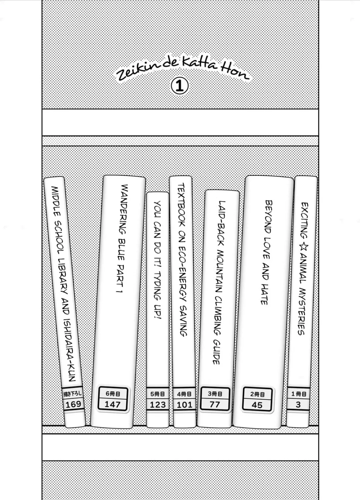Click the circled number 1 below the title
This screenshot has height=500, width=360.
tap(180, 86)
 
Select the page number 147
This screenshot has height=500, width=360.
tap(112, 404)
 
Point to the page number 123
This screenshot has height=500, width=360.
tap(158, 405)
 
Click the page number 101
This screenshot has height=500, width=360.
tap(184, 405)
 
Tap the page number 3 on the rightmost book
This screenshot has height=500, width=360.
tap(298, 404)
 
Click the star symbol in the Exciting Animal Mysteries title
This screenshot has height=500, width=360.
tap(304, 247)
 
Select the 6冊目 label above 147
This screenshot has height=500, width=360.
tap(113, 394)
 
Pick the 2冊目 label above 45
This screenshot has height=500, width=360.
tap(257, 394)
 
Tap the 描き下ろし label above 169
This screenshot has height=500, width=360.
tap(73, 394)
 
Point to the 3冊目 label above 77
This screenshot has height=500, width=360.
tap(215, 394)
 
